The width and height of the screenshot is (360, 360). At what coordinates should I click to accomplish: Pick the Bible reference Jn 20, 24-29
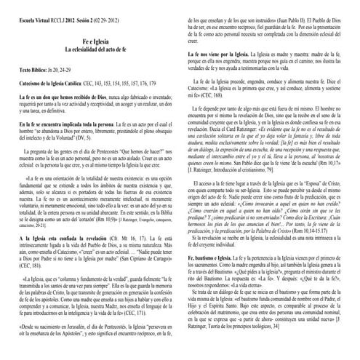65,75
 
